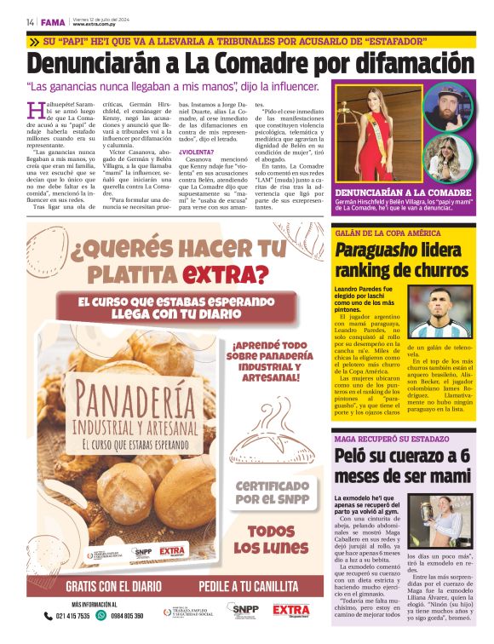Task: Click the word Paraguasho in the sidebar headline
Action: pyautogui.click(x=375, y=250)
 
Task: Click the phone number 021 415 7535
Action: pyautogui.click(x=72, y=615)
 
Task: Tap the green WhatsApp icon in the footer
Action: pyautogui.click(x=102, y=615)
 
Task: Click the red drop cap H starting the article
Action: pyautogui.click(x=34, y=108)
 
